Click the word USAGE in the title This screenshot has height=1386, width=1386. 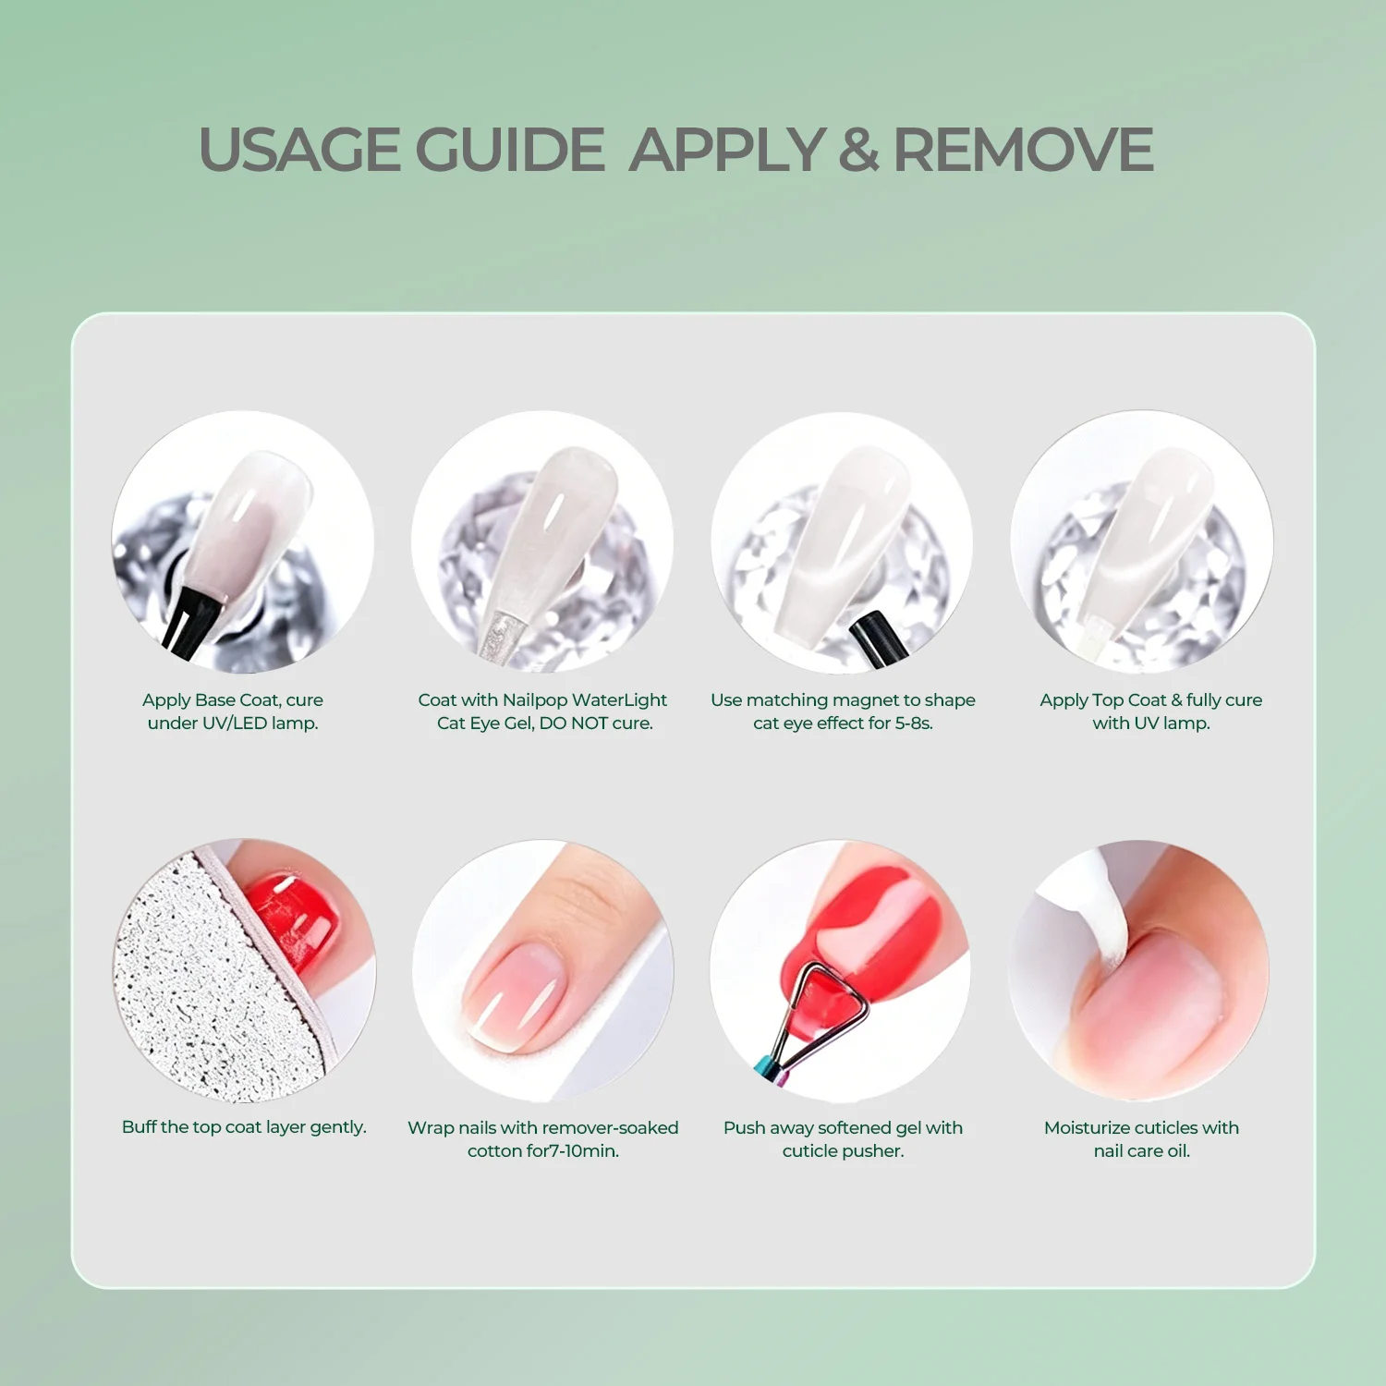tap(300, 150)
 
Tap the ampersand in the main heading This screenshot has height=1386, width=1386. tap(858, 150)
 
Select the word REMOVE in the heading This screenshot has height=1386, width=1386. tap(1024, 150)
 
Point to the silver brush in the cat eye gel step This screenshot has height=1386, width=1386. tap(499, 636)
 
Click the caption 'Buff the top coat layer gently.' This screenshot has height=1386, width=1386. tap(244, 1127)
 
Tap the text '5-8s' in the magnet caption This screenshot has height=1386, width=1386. tap(913, 723)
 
